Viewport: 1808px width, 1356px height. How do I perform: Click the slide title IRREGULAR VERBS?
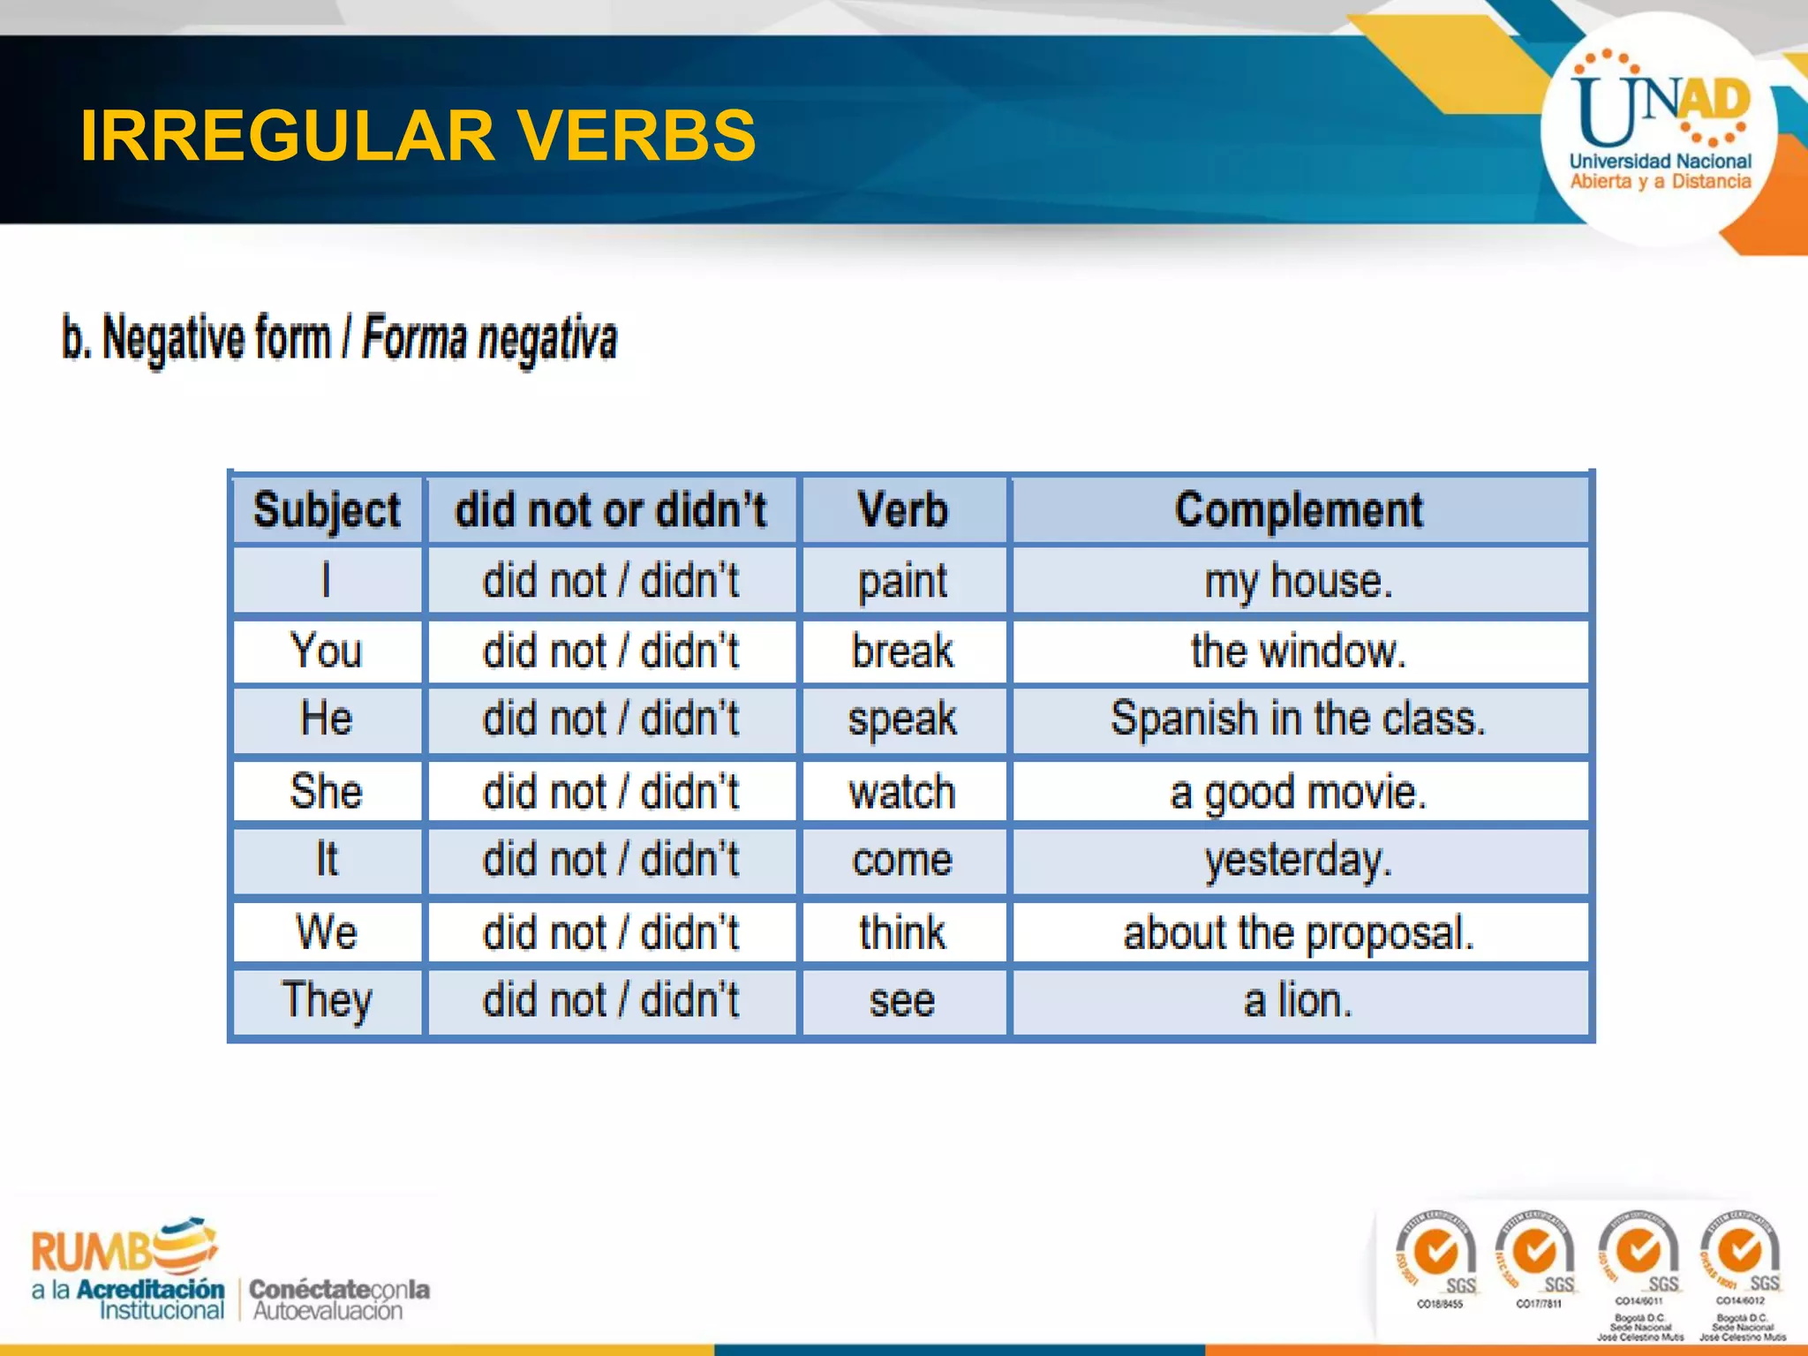(x=418, y=136)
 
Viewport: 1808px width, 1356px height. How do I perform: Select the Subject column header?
(x=327, y=510)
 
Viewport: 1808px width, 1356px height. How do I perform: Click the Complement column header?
(x=1298, y=510)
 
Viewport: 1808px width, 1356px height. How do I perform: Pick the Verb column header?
(x=902, y=510)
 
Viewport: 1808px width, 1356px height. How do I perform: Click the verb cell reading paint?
(x=902, y=582)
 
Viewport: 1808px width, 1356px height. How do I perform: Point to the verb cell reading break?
(x=902, y=652)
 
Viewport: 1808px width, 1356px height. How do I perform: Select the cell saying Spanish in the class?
(x=1298, y=719)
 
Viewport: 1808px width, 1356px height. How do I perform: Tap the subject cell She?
(x=327, y=791)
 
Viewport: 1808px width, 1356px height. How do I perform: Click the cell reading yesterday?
(x=1298, y=860)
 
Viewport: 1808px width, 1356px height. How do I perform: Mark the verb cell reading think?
(x=902, y=932)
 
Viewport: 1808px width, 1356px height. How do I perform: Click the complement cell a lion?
(x=1298, y=1001)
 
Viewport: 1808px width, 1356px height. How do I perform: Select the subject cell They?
(x=327, y=1001)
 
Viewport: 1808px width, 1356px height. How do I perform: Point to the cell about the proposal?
(x=1298, y=932)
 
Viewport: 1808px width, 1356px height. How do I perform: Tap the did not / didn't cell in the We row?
(x=611, y=932)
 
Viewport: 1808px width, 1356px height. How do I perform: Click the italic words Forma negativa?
(x=490, y=339)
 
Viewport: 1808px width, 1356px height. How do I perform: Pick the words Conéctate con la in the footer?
(x=339, y=1289)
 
